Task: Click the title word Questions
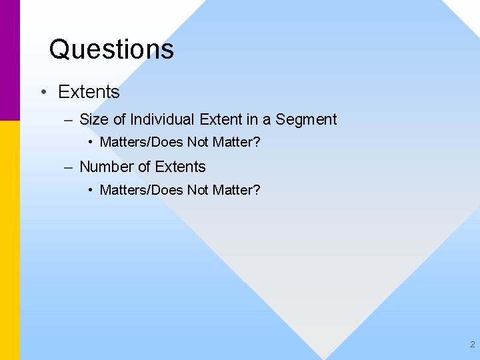pos(111,49)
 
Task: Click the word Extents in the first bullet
pos(89,92)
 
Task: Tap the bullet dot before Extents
pos(43,92)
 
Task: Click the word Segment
pos(306,120)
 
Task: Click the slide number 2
pos(472,345)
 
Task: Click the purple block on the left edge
pos(10,60)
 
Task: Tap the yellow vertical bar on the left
pos(10,240)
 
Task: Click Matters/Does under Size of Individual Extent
pos(141,143)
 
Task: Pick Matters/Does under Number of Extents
pos(141,191)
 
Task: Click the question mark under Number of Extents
pos(257,191)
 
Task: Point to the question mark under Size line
pos(257,143)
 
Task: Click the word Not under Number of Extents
pos(198,191)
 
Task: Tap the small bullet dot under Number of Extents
pos(91,191)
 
